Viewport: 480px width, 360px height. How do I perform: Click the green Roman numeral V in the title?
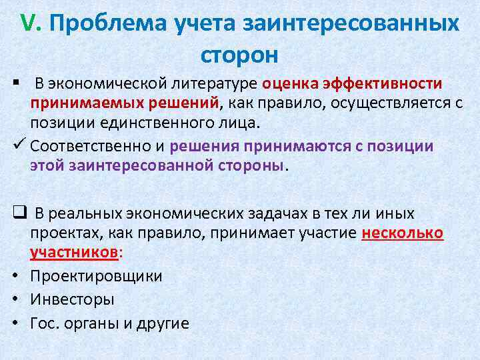(29, 24)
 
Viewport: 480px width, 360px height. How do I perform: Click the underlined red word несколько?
(402, 234)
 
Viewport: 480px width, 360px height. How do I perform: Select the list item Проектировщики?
(96, 276)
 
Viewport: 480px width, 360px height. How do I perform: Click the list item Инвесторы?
(72, 299)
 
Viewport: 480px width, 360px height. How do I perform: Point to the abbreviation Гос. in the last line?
(44, 323)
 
